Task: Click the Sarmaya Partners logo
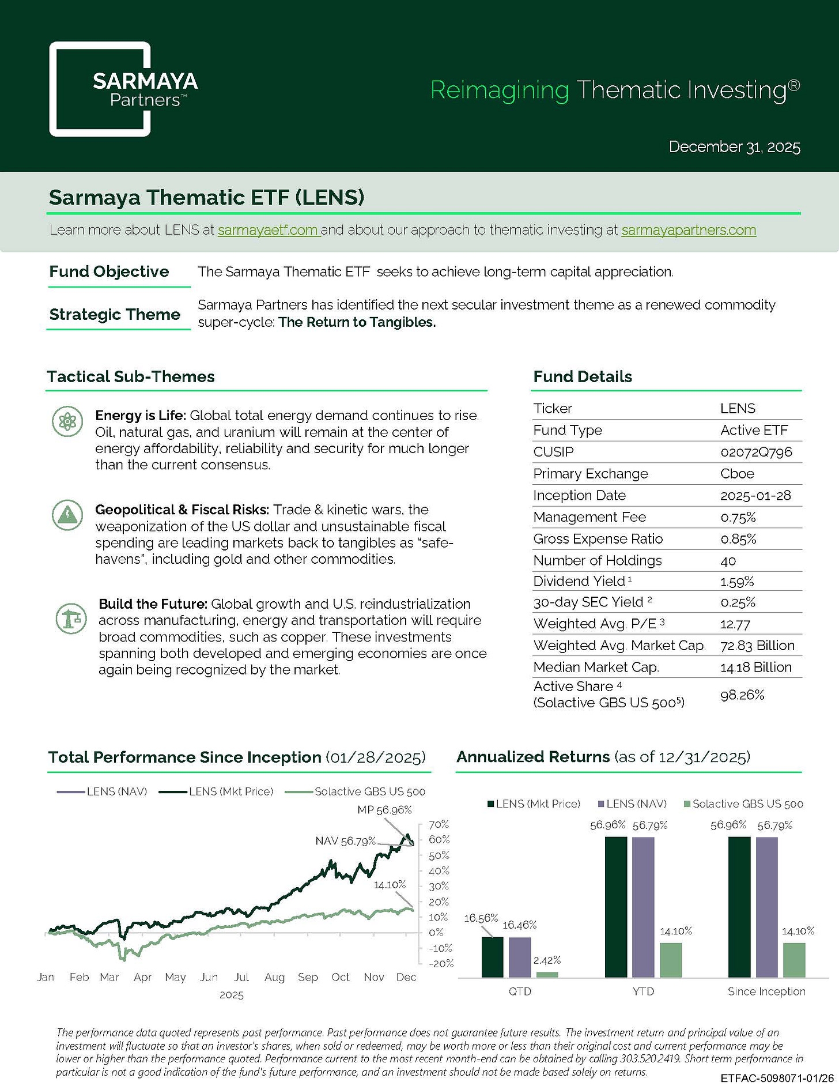[x=100, y=89]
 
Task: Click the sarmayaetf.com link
[x=268, y=230]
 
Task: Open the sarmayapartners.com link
[x=689, y=230]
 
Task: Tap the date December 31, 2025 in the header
[x=735, y=147]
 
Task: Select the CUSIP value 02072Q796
[x=756, y=452]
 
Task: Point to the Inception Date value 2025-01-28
[x=755, y=495]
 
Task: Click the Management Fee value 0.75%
[x=738, y=517]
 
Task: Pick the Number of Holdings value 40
[x=728, y=561]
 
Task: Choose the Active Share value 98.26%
[x=742, y=695]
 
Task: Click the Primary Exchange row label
[x=591, y=474]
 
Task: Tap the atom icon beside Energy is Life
[x=68, y=422]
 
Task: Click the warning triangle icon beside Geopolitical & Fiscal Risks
[x=68, y=515]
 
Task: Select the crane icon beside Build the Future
[x=71, y=619]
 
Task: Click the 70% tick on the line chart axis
[x=439, y=824]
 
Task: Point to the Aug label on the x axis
[x=274, y=977]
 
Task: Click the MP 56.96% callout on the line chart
[x=384, y=810]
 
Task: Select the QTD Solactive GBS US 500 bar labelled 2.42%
[x=547, y=974]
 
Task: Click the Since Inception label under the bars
[x=766, y=991]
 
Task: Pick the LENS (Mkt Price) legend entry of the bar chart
[x=534, y=804]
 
